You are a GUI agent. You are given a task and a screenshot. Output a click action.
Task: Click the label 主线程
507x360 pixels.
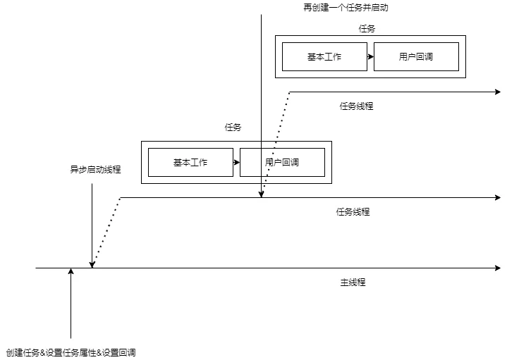[x=353, y=283]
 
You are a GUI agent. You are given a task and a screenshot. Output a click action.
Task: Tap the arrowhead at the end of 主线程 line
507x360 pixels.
[x=498, y=268]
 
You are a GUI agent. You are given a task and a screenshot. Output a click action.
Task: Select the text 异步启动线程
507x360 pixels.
[x=95, y=169]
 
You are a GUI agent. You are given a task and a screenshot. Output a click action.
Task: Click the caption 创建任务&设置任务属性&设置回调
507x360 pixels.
[x=71, y=352]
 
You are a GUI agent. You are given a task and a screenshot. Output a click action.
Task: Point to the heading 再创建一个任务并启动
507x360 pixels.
[x=346, y=8]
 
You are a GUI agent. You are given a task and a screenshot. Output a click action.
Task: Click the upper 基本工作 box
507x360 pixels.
[x=324, y=56]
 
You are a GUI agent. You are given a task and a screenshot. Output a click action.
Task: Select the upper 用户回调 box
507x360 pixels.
[x=416, y=56]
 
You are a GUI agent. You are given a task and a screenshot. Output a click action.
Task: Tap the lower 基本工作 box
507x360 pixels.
[x=190, y=162]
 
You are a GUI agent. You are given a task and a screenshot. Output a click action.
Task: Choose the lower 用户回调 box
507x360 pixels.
[x=282, y=162]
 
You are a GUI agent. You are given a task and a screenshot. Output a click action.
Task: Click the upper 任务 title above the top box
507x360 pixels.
[x=367, y=29]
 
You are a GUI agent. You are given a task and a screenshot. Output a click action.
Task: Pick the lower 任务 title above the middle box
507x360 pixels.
[x=233, y=128]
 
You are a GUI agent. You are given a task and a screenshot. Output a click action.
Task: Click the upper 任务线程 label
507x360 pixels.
[x=356, y=106]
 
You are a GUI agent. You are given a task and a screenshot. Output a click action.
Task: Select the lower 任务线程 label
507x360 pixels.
[x=353, y=211]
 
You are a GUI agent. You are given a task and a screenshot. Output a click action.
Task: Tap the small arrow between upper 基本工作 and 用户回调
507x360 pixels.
[x=370, y=56]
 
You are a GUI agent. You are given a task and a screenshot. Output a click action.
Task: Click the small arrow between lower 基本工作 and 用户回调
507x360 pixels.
[x=237, y=162]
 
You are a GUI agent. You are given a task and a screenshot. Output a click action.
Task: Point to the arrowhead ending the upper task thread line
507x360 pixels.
[x=498, y=92]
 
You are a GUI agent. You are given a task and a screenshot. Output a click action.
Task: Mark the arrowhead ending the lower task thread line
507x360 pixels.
[x=498, y=197]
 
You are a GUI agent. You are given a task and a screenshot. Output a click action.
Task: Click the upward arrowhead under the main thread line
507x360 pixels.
[x=71, y=271]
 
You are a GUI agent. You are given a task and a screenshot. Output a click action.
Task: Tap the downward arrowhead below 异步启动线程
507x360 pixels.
[x=92, y=265]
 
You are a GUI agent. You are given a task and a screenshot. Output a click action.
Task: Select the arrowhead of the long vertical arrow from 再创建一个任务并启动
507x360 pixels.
[x=262, y=194]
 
